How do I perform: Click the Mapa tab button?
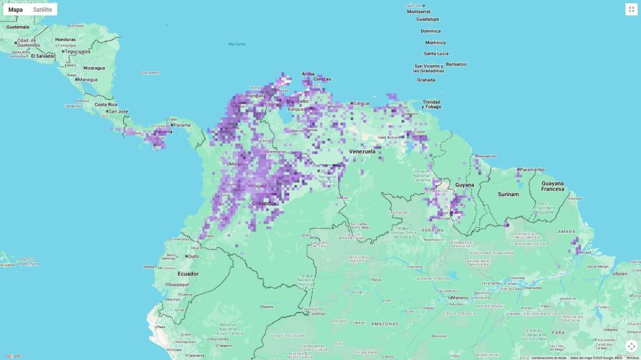[16, 9]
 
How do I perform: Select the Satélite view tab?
[43, 9]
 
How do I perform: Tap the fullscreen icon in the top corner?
[631, 9]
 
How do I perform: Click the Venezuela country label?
[362, 152]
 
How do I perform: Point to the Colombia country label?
[264, 203]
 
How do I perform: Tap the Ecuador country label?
[188, 274]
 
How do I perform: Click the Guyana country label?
[464, 185]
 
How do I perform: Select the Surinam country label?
[508, 194]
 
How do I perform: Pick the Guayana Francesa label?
[552, 186]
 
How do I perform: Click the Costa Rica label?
[106, 104]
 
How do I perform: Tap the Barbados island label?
[456, 64]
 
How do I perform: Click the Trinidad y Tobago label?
[431, 104]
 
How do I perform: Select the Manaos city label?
[459, 297]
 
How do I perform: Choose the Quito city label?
[193, 256]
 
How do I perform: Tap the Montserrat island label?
[419, 11]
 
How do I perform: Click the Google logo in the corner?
[11, 356]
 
